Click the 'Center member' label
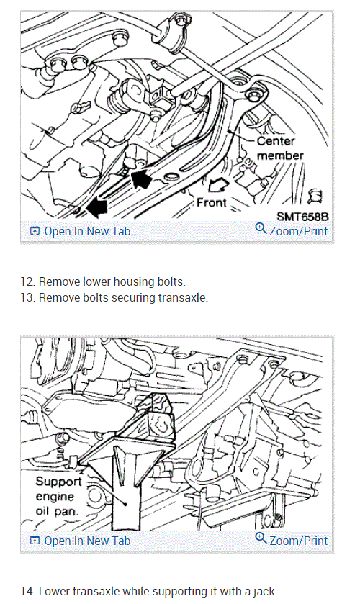coord(280,148)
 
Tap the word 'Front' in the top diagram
coord(212,202)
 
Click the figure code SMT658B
coord(302,217)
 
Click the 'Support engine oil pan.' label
coord(58,497)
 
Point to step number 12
coord(27,282)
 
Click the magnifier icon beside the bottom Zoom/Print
coord(261,538)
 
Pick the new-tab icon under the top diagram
coord(35,232)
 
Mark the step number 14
coord(27,591)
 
